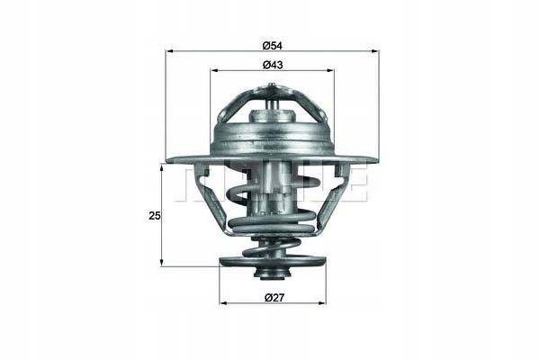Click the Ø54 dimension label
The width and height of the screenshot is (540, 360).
(x=272, y=45)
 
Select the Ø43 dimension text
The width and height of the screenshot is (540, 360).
(x=273, y=65)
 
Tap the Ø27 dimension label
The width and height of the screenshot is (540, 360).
(x=274, y=297)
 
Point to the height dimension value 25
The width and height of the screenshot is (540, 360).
(x=155, y=216)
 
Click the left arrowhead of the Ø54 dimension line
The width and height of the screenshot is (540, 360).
(x=170, y=51)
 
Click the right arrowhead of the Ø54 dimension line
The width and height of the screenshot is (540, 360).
(x=375, y=51)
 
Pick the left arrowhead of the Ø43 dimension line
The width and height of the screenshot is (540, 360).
(x=214, y=70)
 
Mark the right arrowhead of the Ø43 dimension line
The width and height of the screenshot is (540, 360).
(x=330, y=70)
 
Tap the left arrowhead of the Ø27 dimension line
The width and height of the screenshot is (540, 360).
(x=224, y=303)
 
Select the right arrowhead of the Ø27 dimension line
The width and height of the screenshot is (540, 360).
(x=321, y=303)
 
